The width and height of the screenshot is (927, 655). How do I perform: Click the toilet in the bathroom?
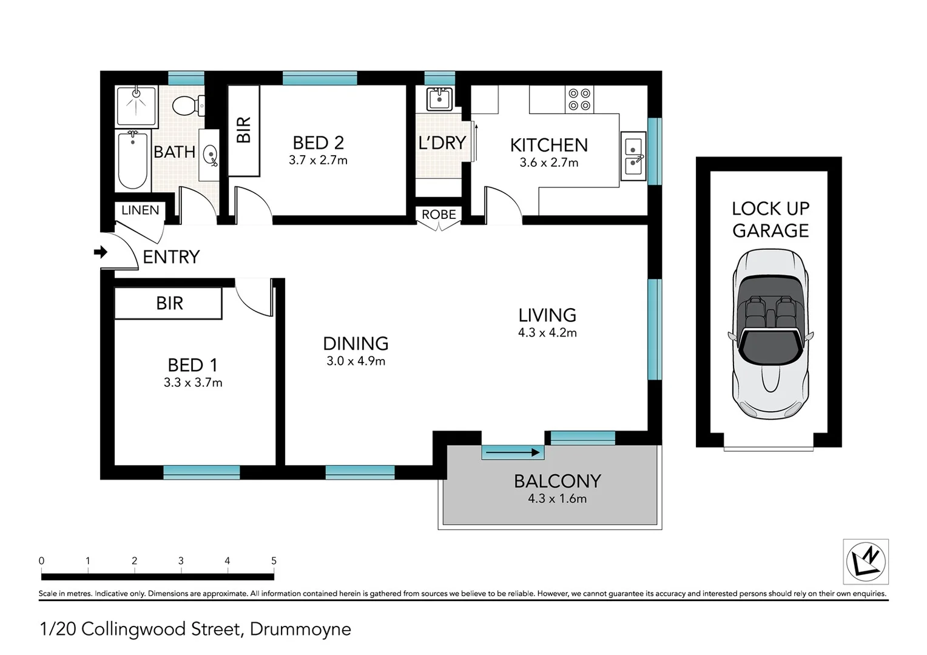point(188,106)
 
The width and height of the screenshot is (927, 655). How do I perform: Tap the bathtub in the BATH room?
point(133,160)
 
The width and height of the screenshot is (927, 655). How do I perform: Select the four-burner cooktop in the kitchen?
point(579,99)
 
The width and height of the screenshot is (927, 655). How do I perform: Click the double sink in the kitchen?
point(633,156)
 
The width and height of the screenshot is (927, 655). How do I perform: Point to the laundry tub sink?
point(439,99)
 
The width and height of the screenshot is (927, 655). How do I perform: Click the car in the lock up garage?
point(770,334)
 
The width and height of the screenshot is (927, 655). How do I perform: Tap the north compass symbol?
point(866,562)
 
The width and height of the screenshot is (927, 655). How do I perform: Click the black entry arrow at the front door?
point(101,252)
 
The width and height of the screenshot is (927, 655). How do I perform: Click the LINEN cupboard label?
point(140,210)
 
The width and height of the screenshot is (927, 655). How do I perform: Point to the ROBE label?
point(439,214)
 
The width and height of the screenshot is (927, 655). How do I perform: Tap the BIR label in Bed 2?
point(244,130)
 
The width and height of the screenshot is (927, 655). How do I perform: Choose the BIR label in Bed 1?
point(169,303)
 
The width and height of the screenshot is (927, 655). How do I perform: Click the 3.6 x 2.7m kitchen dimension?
point(549,163)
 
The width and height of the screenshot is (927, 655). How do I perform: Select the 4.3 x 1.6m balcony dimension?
point(557,499)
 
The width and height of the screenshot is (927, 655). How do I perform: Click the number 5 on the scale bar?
point(274,560)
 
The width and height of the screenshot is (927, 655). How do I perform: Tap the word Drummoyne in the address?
point(300,630)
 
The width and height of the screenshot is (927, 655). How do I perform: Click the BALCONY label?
point(558,481)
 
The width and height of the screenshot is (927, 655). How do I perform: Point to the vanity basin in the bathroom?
point(211,155)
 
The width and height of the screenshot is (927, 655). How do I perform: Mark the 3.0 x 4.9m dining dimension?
point(356,361)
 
